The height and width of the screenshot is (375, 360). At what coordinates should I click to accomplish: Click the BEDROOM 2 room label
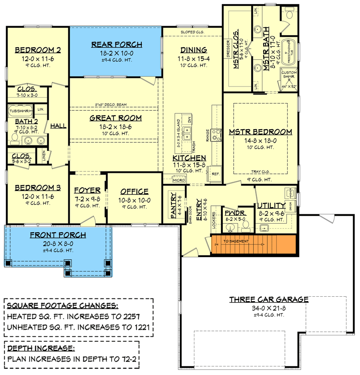pos(38,50)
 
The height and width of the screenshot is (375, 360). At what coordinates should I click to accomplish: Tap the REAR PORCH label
pos(117,45)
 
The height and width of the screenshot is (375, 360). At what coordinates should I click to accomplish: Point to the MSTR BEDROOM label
pos(261,132)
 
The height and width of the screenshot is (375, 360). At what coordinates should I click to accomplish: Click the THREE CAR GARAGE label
pos(269,299)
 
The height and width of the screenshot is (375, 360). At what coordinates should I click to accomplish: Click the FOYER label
pos(87,190)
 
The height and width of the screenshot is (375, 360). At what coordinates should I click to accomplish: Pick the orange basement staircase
pos(253,244)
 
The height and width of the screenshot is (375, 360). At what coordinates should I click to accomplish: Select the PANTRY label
pos(173,206)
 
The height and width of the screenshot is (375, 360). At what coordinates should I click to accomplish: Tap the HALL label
pos(58,126)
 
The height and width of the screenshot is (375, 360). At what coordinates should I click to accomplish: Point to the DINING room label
pos(193,50)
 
